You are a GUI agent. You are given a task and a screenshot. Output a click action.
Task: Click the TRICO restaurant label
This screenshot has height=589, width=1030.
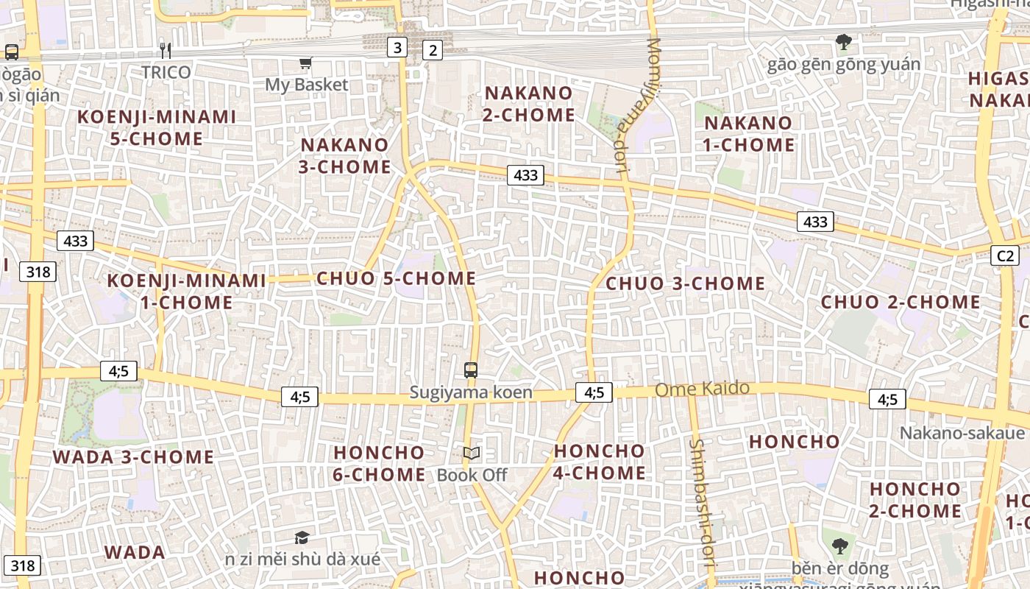pyautogui.click(x=166, y=72)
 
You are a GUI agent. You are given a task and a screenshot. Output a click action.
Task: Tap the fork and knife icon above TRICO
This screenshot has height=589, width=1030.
pyautogui.click(x=166, y=50)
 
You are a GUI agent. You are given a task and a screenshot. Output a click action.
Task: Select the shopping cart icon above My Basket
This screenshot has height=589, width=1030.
pyautogui.click(x=305, y=63)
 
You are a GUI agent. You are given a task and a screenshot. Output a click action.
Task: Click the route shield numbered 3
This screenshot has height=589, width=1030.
pyautogui.click(x=397, y=49)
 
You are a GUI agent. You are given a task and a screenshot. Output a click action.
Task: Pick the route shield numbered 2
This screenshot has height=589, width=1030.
pyautogui.click(x=433, y=50)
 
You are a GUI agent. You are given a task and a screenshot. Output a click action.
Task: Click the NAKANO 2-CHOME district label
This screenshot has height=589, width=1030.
pyautogui.click(x=528, y=104)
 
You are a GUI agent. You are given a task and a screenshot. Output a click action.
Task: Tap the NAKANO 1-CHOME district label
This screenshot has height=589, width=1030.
pyautogui.click(x=748, y=134)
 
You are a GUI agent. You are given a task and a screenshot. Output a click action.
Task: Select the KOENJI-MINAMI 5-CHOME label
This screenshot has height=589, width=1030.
pyautogui.click(x=157, y=127)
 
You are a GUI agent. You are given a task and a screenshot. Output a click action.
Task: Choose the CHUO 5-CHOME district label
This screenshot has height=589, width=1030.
pyautogui.click(x=396, y=278)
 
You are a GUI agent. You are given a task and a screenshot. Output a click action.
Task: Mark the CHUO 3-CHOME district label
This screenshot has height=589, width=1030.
pyautogui.click(x=685, y=283)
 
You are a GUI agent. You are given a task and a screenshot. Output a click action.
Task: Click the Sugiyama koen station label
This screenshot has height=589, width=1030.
pyautogui.click(x=470, y=392)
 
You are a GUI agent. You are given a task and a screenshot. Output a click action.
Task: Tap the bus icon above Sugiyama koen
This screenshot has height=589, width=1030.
pyautogui.click(x=471, y=370)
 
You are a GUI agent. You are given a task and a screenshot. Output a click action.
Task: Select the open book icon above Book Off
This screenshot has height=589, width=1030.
pyautogui.click(x=472, y=454)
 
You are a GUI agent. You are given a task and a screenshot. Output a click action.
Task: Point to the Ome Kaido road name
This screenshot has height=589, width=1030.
pyautogui.click(x=702, y=389)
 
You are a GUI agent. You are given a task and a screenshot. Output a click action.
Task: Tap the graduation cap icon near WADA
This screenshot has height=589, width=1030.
pyautogui.click(x=302, y=537)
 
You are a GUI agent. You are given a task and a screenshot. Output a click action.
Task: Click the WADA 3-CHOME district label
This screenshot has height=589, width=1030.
pyautogui.click(x=133, y=457)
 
